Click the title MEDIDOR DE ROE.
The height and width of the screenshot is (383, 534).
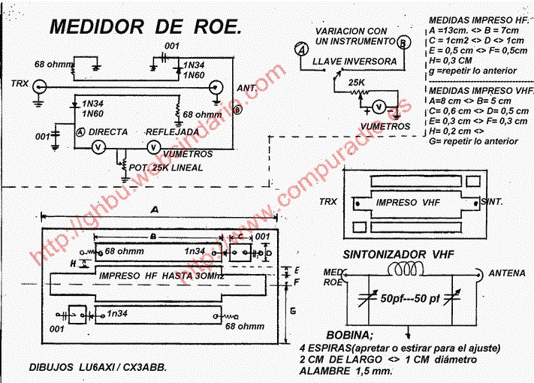(146, 28)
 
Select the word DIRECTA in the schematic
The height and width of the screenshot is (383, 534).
(108, 131)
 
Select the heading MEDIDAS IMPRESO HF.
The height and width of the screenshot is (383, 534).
(479, 21)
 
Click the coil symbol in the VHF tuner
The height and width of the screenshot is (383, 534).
(407, 270)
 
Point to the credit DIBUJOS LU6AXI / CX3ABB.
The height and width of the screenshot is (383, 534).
(98, 367)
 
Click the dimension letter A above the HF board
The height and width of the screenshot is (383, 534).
(155, 209)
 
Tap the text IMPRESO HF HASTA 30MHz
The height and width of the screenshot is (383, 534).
(161, 276)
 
